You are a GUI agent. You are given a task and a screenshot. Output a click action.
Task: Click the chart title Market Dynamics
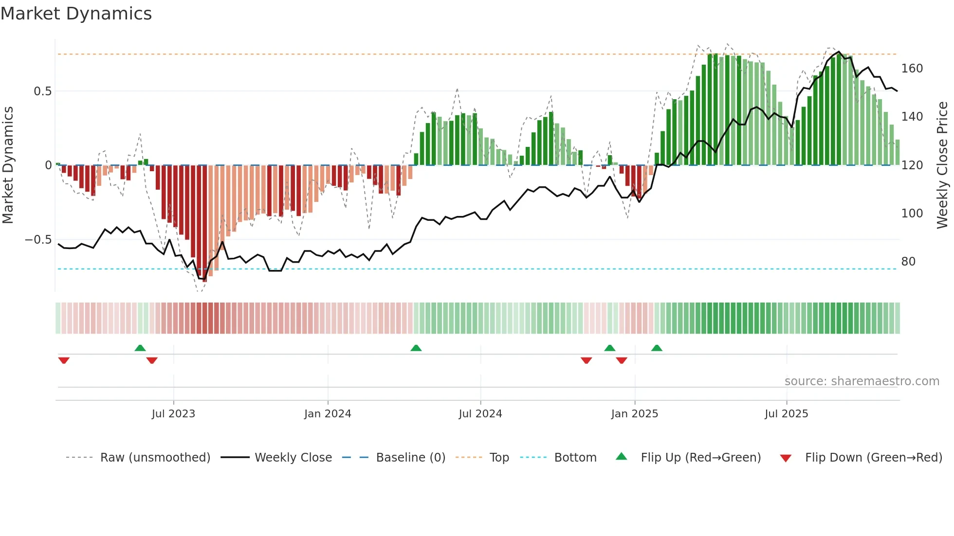point(76,14)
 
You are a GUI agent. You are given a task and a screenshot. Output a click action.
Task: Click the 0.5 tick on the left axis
point(42,91)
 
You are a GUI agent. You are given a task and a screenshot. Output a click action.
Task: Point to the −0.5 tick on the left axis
point(38,240)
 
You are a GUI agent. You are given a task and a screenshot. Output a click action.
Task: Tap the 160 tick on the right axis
point(912,69)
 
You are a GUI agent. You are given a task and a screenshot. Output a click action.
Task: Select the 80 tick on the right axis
point(908,262)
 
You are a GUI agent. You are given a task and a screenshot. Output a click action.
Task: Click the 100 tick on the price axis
point(912,214)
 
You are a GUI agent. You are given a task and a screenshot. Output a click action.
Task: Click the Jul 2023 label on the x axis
point(173,414)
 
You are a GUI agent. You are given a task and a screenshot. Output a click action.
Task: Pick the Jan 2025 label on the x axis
point(634,414)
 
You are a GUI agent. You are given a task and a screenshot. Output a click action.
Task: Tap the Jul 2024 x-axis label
point(480,414)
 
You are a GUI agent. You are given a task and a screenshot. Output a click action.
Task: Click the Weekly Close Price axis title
point(942,165)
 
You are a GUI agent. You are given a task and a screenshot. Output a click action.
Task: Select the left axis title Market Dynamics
point(8,165)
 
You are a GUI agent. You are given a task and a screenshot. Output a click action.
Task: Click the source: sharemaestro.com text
point(862,381)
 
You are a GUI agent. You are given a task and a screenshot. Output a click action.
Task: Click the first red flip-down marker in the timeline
point(64,360)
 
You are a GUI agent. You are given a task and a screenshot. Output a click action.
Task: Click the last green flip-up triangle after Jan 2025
point(657,348)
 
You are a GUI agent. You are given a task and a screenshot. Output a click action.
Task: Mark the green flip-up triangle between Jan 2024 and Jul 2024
point(416,348)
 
